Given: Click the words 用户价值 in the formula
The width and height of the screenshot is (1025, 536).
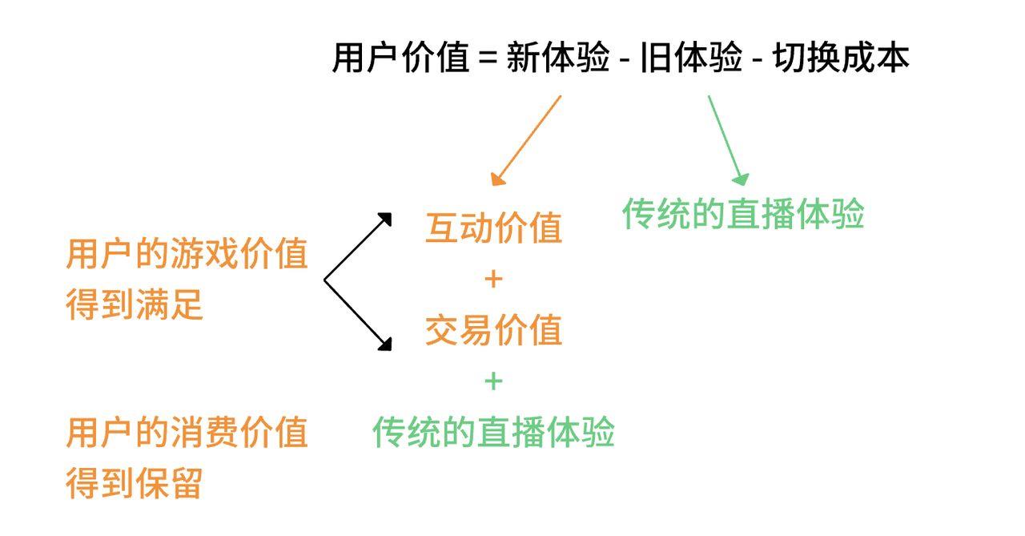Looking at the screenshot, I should pyautogui.click(x=400, y=58).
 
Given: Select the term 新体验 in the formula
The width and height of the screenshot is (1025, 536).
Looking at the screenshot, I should pyautogui.click(x=558, y=58).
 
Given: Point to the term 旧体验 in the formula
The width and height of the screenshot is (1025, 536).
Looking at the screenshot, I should pyautogui.click(x=691, y=58).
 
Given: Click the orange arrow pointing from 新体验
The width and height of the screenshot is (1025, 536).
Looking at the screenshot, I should pyautogui.click(x=526, y=141).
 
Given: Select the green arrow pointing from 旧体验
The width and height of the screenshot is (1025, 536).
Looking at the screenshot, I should pyautogui.click(x=728, y=141).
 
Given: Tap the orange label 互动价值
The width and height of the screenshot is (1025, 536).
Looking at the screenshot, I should pyautogui.click(x=493, y=228).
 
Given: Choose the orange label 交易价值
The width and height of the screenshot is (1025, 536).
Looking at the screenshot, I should pyautogui.click(x=493, y=329).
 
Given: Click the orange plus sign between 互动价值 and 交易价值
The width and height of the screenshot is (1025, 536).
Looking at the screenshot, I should pyautogui.click(x=493, y=279).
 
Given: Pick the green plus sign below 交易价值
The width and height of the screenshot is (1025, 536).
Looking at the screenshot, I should pyautogui.click(x=493, y=381).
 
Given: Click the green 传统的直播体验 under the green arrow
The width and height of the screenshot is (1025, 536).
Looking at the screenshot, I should pyautogui.click(x=743, y=214).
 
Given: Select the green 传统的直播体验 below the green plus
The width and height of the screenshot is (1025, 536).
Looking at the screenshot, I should pyautogui.click(x=493, y=432).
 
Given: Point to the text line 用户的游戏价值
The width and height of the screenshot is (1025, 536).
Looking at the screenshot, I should pyautogui.click(x=187, y=255).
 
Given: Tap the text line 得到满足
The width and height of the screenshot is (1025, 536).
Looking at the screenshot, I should pyautogui.click(x=135, y=305).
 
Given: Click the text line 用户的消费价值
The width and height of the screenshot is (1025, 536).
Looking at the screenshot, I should pyautogui.click(x=187, y=433).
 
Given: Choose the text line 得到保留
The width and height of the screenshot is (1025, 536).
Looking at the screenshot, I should pyautogui.click(x=135, y=484).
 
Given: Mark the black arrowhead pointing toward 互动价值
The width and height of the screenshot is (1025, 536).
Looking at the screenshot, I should pyautogui.click(x=385, y=219).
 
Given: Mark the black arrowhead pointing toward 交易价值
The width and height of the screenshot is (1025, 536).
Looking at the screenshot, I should pyautogui.click(x=385, y=344).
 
